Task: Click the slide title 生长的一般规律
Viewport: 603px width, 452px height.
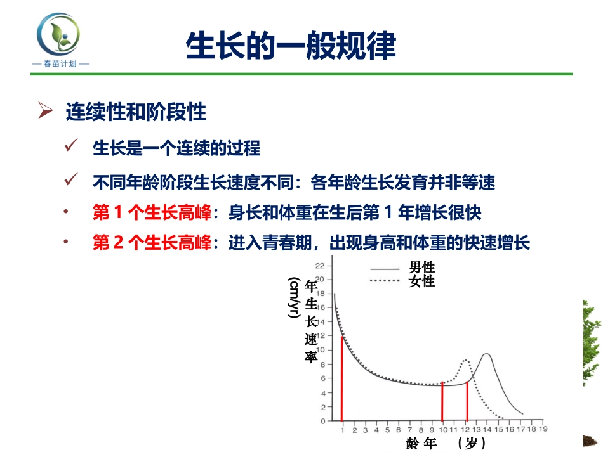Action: [291, 46]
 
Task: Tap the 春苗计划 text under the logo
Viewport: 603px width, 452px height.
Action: [60, 64]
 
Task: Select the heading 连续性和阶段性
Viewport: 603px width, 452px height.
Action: [136, 112]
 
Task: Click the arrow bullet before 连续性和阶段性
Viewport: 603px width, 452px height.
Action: [45, 112]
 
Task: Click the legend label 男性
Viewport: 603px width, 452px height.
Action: [421, 268]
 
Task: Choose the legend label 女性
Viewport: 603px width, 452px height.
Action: [421, 281]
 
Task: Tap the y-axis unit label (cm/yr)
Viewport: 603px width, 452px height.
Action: [294, 298]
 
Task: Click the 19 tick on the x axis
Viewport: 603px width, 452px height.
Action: [543, 429]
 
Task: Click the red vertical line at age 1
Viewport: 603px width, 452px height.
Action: [342, 378]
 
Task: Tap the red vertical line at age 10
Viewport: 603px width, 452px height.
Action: [442, 401]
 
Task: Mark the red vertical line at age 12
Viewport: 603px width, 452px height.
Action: [467, 401]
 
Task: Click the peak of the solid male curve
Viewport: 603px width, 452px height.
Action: [486, 354]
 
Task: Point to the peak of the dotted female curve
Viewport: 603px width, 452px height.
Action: [465, 360]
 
